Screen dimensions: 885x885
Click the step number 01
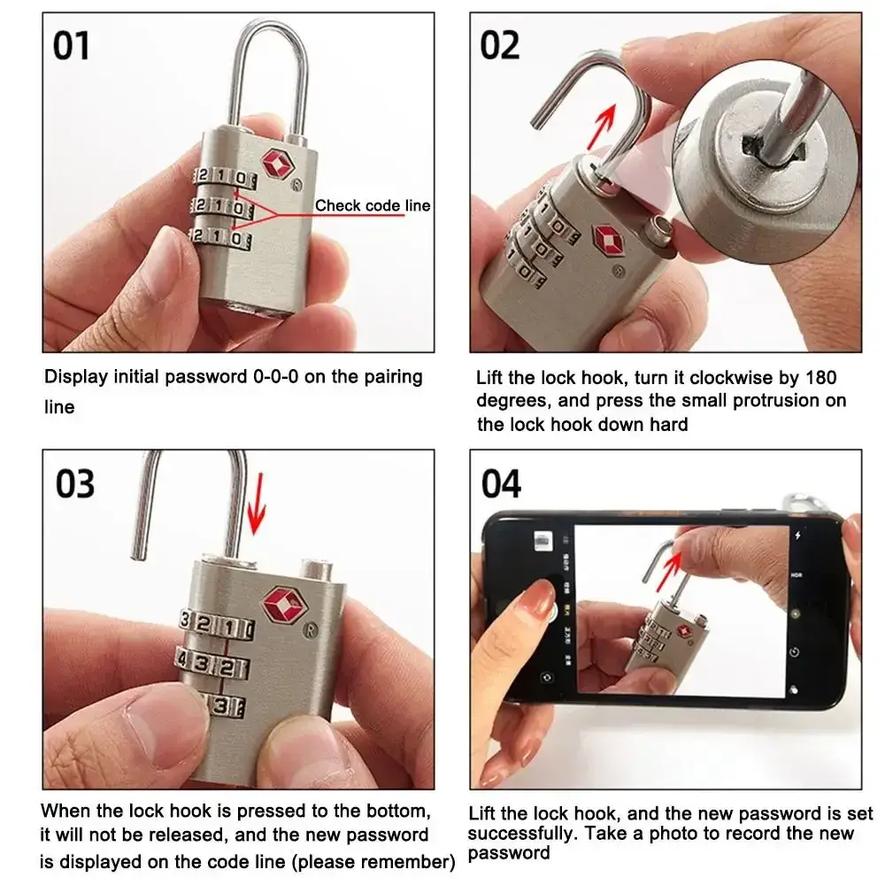pyautogui.click(x=71, y=46)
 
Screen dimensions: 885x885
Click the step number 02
pyautogui.click(x=499, y=46)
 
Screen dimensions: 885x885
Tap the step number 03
pyautogui.click(x=75, y=484)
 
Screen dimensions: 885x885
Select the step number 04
pyautogui.click(x=501, y=484)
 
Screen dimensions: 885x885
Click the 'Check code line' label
pyautogui.click(x=373, y=205)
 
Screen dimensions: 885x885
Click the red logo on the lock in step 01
pyautogui.click(x=278, y=163)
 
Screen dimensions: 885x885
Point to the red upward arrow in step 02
pyautogui.click(x=601, y=127)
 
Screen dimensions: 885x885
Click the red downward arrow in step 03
pyautogui.click(x=257, y=504)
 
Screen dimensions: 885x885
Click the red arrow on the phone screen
pyautogui.click(x=669, y=571)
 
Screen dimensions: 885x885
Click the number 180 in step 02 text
pyautogui.click(x=821, y=377)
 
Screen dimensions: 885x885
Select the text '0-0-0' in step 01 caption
pyautogui.click(x=275, y=376)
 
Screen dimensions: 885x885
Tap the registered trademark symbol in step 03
pyautogui.click(x=310, y=630)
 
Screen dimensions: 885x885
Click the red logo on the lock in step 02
pyautogui.click(x=609, y=241)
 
